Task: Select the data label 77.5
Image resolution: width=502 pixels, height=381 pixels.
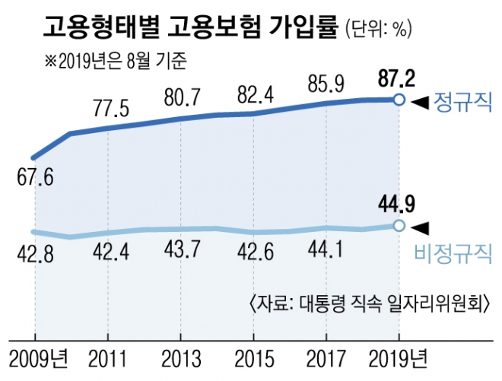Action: point(107,107)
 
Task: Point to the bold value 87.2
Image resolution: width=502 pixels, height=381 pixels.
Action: point(397,78)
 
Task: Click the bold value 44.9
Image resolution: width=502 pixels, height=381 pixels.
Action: point(396,204)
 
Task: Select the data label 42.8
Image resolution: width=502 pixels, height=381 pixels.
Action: point(35,252)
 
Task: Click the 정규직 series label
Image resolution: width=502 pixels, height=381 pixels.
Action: point(462,102)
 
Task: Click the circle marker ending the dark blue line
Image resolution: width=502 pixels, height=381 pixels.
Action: point(398,100)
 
